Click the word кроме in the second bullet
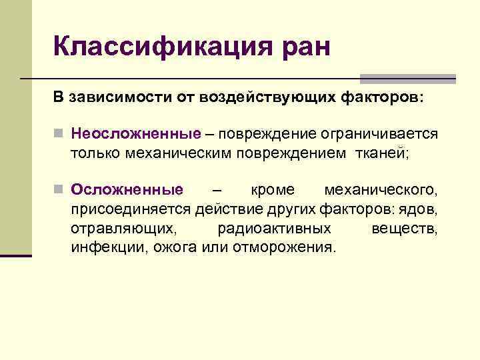pos(271,191)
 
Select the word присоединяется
pos(131,209)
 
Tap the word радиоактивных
pos(274,229)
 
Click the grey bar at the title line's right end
pos(407,79)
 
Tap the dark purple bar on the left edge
pos(16,255)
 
